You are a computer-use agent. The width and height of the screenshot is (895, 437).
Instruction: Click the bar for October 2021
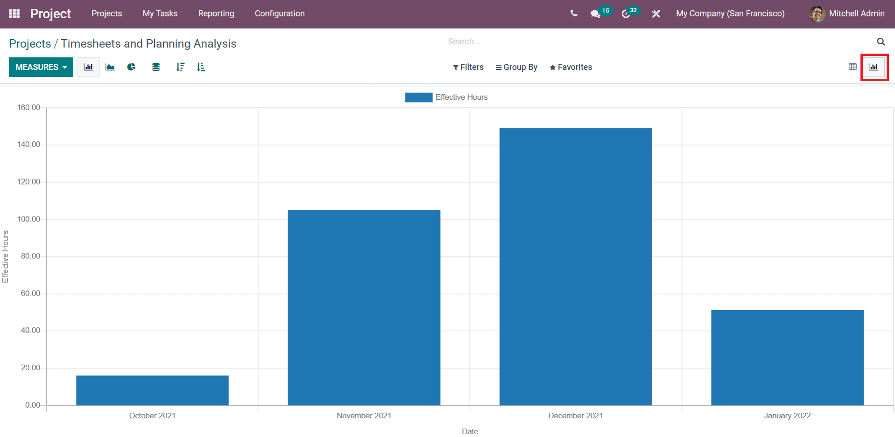pyautogui.click(x=152, y=390)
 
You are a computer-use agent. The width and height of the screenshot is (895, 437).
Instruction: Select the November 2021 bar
pyautogui.click(x=364, y=308)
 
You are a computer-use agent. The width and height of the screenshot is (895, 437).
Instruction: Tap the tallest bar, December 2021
pyautogui.click(x=576, y=267)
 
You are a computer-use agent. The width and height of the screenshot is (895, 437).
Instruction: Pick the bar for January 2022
pyautogui.click(x=787, y=358)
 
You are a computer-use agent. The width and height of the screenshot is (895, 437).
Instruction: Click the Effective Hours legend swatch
pyautogui.click(x=418, y=97)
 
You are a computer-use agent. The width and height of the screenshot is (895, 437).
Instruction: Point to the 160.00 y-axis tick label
pyautogui.click(x=28, y=107)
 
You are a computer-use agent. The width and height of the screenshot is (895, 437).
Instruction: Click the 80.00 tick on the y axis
pyautogui.click(x=30, y=256)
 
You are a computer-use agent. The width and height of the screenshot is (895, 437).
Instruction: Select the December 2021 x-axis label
pyautogui.click(x=576, y=416)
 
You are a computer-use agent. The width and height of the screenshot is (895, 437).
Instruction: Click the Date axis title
pyautogui.click(x=470, y=431)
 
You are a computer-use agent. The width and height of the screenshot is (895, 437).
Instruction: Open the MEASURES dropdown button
pyautogui.click(x=41, y=67)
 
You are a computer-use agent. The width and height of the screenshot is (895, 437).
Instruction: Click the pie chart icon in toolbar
pyautogui.click(x=132, y=67)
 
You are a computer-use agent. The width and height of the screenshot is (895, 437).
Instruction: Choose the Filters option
pyautogui.click(x=468, y=67)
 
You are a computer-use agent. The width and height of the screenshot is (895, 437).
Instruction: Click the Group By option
pyautogui.click(x=516, y=67)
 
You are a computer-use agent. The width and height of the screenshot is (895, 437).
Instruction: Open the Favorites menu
pyautogui.click(x=571, y=67)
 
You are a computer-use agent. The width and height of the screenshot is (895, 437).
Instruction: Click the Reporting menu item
pyautogui.click(x=216, y=14)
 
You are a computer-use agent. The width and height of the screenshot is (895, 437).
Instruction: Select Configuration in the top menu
pyautogui.click(x=280, y=14)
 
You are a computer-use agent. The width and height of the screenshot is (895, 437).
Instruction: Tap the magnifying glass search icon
pyautogui.click(x=881, y=42)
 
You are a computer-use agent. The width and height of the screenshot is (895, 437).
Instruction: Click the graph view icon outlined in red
pyautogui.click(x=874, y=67)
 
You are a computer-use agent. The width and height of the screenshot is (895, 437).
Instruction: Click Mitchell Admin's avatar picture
pyautogui.click(x=817, y=14)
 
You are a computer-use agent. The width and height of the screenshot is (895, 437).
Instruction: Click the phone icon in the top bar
pyautogui.click(x=574, y=14)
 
